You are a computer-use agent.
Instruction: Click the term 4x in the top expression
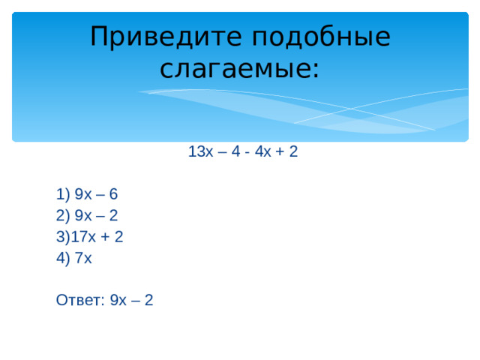click(263, 151)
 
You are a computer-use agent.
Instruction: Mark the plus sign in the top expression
click(280, 151)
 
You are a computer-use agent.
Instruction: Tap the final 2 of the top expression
click(293, 151)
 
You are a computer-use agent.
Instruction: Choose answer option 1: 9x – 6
click(86, 194)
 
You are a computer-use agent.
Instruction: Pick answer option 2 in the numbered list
click(86, 215)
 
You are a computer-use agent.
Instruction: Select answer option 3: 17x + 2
click(89, 237)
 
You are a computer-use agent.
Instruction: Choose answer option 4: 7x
click(73, 258)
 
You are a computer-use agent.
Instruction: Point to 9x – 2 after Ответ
click(131, 301)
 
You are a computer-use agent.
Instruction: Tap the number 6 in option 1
click(113, 194)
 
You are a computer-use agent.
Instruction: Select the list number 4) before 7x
click(63, 258)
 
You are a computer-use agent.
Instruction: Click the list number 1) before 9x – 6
click(63, 194)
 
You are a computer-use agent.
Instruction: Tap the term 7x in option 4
click(83, 258)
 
